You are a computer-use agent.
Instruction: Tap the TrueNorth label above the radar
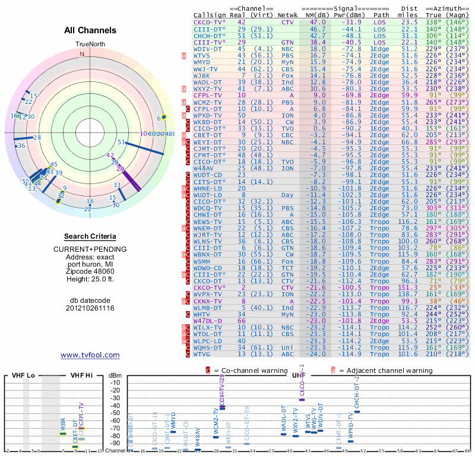pyautogui.click(x=89, y=45)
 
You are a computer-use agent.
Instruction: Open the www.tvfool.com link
pyautogui.click(x=90, y=355)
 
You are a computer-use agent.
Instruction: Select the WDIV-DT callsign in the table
pyautogui.click(x=207, y=49)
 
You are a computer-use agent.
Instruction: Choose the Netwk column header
pyautogui.click(x=287, y=15)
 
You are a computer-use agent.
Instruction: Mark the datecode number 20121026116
pyautogui.click(x=90, y=308)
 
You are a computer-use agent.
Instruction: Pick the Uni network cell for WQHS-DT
pyautogui.click(x=288, y=347)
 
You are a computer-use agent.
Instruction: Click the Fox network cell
pyautogui.click(x=288, y=76)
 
